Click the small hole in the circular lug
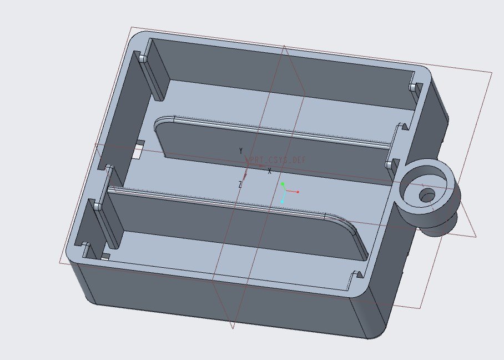click(427, 195)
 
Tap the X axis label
click(270, 171)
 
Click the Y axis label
click(240, 151)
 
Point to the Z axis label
click(240, 184)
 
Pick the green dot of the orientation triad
click(283, 184)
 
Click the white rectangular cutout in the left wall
click(139, 149)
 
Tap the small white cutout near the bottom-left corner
click(105, 256)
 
